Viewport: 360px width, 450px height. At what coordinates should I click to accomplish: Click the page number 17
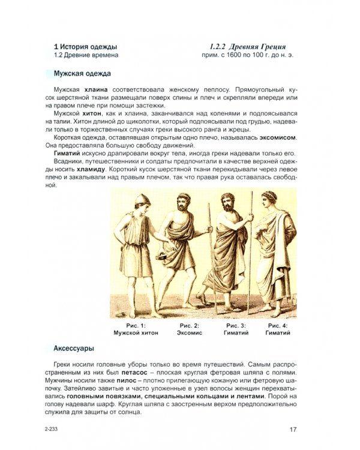pos(293,429)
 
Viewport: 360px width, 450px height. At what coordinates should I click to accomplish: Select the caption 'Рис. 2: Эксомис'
pos(189,328)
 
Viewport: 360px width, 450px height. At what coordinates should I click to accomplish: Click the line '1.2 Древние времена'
pos(86,55)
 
